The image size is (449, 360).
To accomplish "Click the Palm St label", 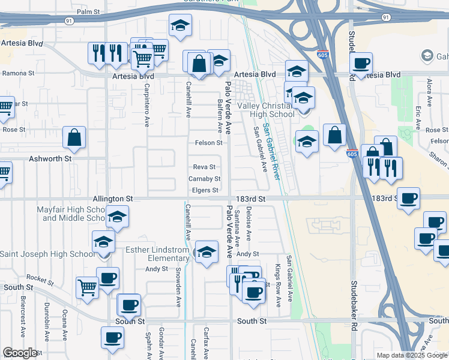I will pyautogui.click(x=88, y=12).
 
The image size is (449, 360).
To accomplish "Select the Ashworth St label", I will pyautogui.click(x=51, y=159).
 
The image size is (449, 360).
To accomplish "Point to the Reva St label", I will pyautogui.click(x=204, y=167).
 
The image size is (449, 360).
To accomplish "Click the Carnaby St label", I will pyautogui.click(x=205, y=179).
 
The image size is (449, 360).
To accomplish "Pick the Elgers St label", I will pyautogui.click(x=205, y=191).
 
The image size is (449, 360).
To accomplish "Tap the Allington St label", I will pyautogui.click(x=112, y=198).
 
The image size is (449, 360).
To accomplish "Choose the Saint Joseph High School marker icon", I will pyautogui.click(x=103, y=243).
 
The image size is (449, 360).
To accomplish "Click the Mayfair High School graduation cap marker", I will pyautogui.click(x=118, y=217).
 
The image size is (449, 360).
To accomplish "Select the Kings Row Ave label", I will pyautogui.click(x=278, y=286).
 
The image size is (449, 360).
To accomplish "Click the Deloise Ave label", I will pyautogui.click(x=249, y=221).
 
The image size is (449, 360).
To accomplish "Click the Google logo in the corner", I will pyautogui.click(x=20, y=353).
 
